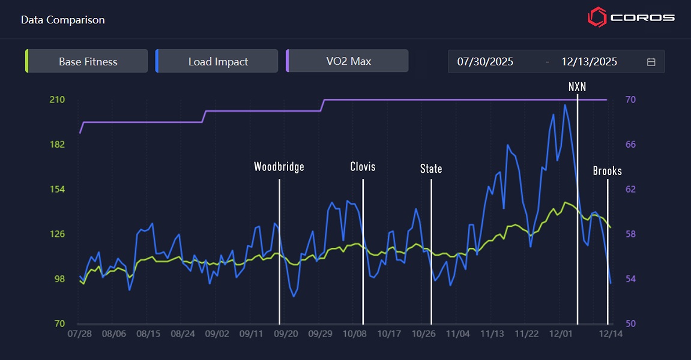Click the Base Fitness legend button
[x=88, y=61]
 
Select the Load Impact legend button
[x=218, y=61]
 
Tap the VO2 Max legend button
[x=348, y=61]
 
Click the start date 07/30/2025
[x=485, y=62]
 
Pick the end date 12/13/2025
[x=589, y=62]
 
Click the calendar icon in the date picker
[x=651, y=62]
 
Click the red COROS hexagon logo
[x=597, y=17]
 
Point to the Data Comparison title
[x=63, y=20]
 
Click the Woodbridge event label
[x=279, y=167]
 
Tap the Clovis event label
[x=363, y=167]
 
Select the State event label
[x=431, y=169]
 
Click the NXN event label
[x=577, y=87]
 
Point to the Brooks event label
[x=607, y=171]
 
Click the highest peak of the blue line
[x=564, y=105]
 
